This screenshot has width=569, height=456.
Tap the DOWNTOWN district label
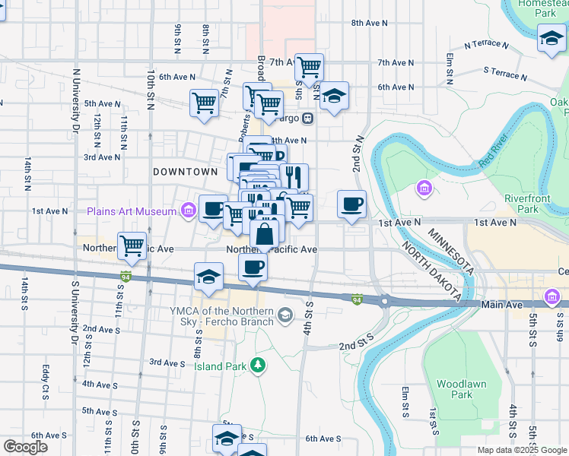click(x=186, y=173)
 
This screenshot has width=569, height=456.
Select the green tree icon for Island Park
click(x=259, y=366)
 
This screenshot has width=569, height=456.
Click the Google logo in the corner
click(x=25, y=446)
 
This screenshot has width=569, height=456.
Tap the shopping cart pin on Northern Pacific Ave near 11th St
click(x=132, y=245)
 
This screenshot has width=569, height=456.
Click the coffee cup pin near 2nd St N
click(x=351, y=204)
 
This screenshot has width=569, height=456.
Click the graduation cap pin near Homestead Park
click(x=551, y=38)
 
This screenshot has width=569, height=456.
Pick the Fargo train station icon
click(x=307, y=118)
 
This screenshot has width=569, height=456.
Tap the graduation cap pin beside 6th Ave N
click(x=334, y=97)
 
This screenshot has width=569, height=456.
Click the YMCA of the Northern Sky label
click(x=224, y=315)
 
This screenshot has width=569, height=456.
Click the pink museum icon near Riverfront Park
click(x=424, y=188)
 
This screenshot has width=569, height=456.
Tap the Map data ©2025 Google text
click(x=521, y=450)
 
